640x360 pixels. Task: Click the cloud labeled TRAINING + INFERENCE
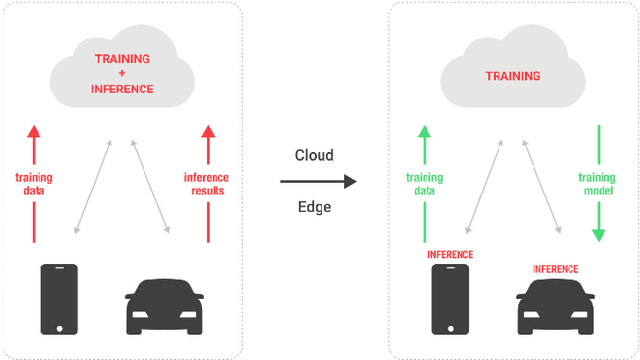tap(123, 75)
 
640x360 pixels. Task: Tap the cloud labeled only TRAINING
tap(513, 75)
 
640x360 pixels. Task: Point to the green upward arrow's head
tap(424, 132)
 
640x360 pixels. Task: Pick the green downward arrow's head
tap(598, 234)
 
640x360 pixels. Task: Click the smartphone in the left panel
tap(59, 299)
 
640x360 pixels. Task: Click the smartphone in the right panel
tap(449, 299)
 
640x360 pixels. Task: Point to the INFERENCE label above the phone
tap(449, 255)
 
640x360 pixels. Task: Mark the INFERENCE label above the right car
tap(555, 268)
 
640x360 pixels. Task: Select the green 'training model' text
tap(598, 184)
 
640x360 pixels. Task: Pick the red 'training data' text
tap(34, 184)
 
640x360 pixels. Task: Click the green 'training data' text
tap(424, 184)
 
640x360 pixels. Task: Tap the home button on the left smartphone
tap(59, 327)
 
